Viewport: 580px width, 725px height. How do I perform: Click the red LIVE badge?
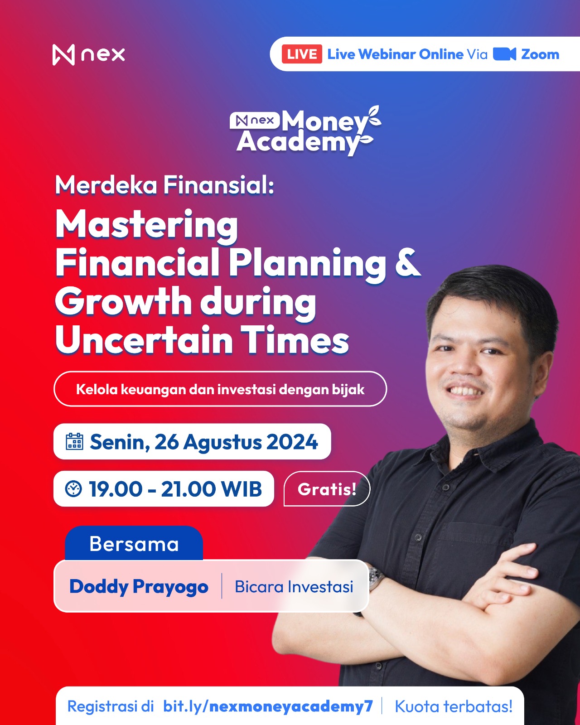click(x=302, y=54)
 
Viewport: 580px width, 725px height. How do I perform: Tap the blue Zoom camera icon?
click(x=504, y=54)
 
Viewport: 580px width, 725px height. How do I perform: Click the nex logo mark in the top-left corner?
click(x=63, y=54)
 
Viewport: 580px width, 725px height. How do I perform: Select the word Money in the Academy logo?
click(x=324, y=121)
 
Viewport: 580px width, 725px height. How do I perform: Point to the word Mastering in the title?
click(x=147, y=225)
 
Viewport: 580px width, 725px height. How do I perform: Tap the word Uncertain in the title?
click(x=144, y=339)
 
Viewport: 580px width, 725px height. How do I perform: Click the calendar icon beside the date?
click(x=74, y=441)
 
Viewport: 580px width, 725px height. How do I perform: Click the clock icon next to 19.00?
click(x=73, y=489)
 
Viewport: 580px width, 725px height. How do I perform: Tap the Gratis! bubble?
click(x=327, y=489)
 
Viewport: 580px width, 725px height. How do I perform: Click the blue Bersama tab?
click(x=134, y=543)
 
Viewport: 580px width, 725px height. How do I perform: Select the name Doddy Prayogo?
click(x=139, y=587)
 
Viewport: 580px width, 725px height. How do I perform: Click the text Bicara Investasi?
click(x=294, y=586)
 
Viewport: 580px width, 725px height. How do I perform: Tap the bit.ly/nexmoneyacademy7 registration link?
click(x=268, y=706)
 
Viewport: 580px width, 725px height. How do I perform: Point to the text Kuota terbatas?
click(x=454, y=706)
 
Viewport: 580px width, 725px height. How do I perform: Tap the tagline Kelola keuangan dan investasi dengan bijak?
click(x=220, y=389)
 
